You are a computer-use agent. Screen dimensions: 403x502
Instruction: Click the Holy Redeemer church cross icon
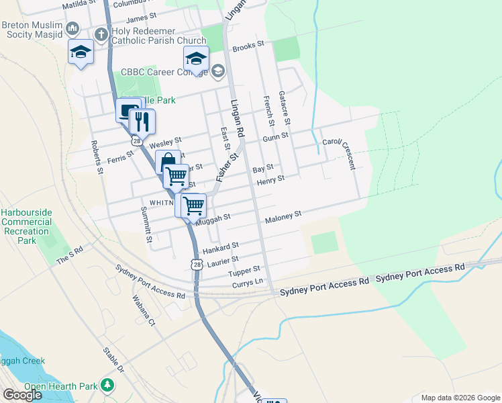[x=101, y=34]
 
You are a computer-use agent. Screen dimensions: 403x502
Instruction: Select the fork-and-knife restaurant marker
[x=142, y=122]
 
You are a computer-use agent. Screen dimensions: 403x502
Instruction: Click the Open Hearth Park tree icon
[x=107, y=386]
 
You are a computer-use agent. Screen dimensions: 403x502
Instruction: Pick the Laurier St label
[x=223, y=261]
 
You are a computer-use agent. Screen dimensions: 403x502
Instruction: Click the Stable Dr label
[x=113, y=361]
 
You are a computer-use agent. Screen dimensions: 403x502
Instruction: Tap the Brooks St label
[x=248, y=48]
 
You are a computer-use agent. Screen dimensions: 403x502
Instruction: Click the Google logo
[x=22, y=395]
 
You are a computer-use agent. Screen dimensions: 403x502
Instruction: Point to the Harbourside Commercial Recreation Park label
[x=26, y=226]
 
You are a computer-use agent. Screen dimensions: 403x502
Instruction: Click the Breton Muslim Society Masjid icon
[x=73, y=29]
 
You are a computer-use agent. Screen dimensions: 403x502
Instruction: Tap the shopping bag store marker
[x=166, y=162]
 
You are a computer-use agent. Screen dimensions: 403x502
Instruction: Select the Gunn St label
[x=275, y=136]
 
